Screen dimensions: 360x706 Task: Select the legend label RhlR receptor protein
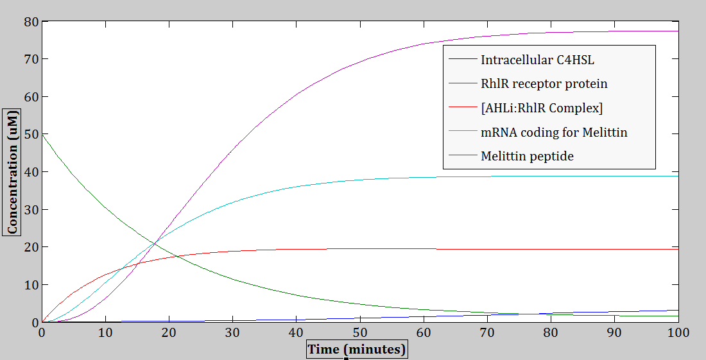[x=544, y=84]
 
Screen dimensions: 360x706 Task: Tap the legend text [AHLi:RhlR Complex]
[x=542, y=108]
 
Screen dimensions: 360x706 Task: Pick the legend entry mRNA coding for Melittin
[x=554, y=133]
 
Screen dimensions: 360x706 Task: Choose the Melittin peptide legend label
[x=527, y=156]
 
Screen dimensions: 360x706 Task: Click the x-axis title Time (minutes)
[x=357, y=350]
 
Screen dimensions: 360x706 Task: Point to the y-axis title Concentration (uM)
[x=12, y=174]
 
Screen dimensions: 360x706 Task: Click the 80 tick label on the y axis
[x=31, y=22]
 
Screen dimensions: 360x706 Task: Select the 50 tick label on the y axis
[x=31, y=135]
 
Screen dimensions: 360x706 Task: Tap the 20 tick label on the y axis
[x=31, y=248]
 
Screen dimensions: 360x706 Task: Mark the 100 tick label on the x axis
[x=678, y=333]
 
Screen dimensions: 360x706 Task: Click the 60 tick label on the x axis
[x=424, y=333]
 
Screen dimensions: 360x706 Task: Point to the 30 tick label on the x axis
[x=232, y=333]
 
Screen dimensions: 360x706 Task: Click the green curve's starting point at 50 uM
[x=42, y=134]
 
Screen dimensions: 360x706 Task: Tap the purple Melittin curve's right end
[x=678, y=31]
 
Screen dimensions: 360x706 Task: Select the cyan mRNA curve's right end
[x=678, y=176]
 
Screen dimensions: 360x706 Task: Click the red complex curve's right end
[x=678, y=249]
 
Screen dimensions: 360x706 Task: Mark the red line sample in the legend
[x=461, y=108]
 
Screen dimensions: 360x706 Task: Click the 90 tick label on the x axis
[x=615, y=333]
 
